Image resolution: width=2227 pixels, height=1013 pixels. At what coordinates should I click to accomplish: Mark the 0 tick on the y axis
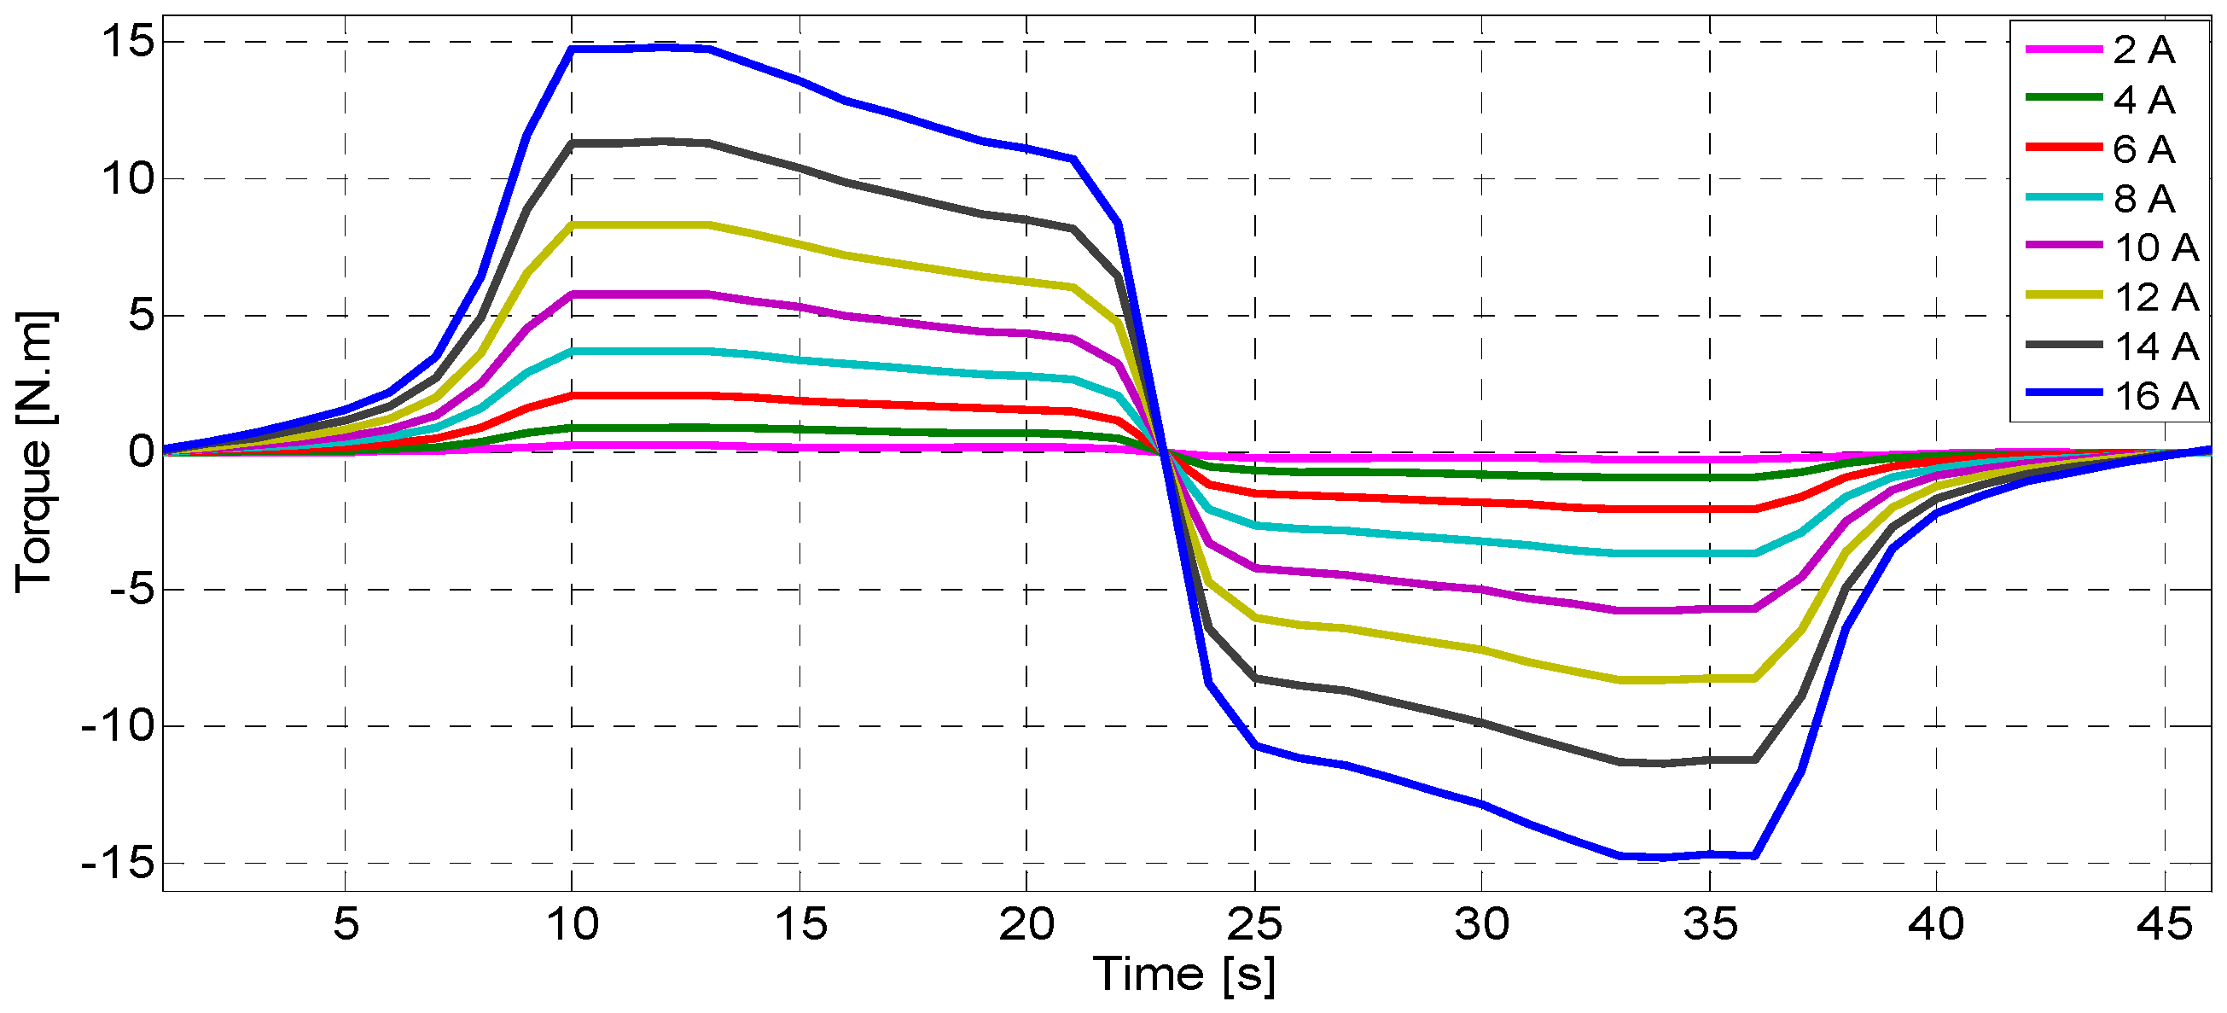point(140,451)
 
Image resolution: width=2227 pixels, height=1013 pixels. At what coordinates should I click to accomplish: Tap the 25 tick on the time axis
point(1254,925)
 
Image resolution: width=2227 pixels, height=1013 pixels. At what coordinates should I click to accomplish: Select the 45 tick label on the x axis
point(2164,925)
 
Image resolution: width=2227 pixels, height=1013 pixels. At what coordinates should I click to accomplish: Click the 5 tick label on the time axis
point(346,925)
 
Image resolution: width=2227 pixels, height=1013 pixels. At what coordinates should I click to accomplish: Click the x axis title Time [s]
point(1183,975)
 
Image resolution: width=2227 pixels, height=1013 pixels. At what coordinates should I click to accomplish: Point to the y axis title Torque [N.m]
point(35,451)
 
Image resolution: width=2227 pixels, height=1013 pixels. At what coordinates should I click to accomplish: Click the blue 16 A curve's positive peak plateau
point(640,49)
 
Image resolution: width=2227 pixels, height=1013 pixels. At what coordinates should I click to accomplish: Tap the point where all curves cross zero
point(1165,451)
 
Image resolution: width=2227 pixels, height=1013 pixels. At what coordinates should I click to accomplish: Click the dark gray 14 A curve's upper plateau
point(640,142)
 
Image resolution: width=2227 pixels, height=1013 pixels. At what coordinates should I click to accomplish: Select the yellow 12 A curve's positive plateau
point(640,224)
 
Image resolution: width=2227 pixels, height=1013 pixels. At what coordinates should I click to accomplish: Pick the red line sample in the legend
point(2064,148)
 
